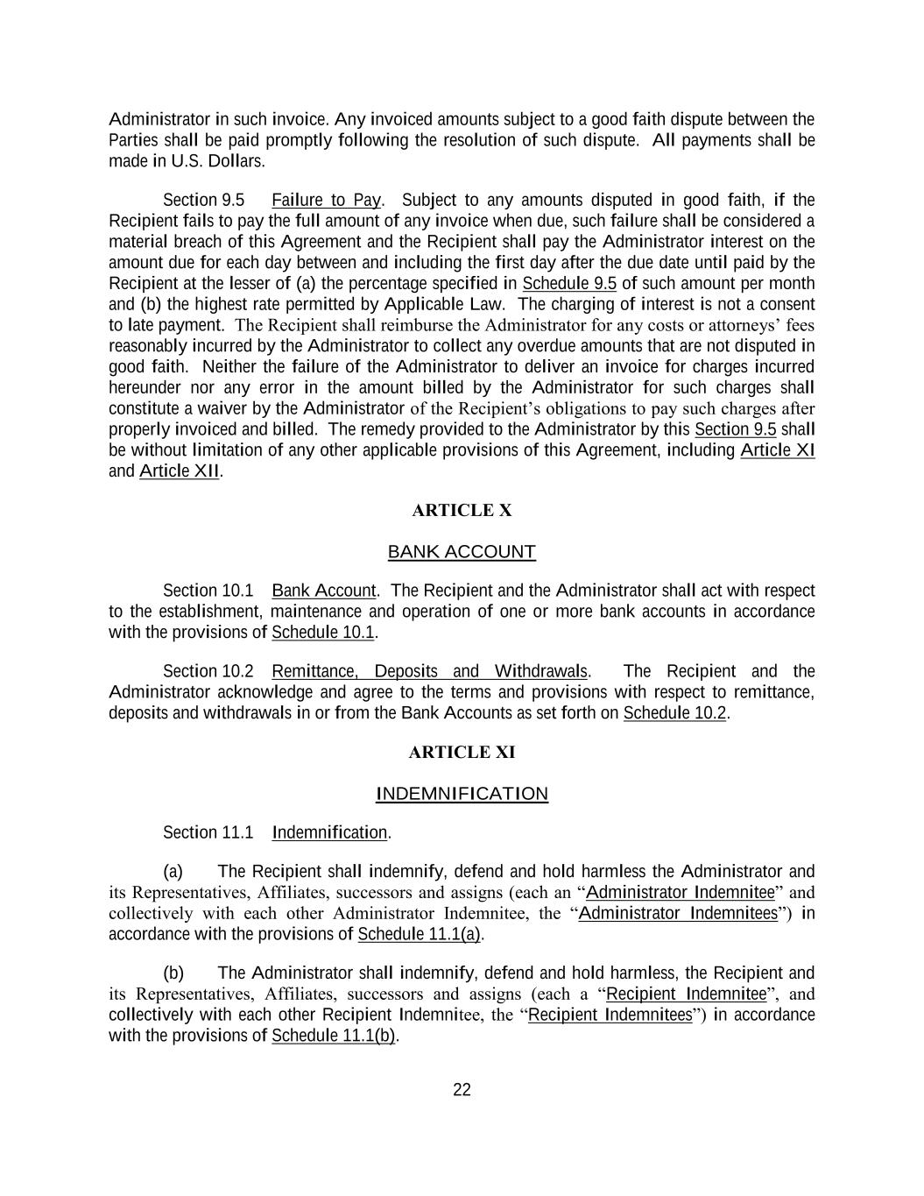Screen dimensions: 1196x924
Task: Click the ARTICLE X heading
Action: [x=462, y=510]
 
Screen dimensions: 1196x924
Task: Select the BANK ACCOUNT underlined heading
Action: [x=462, y=552]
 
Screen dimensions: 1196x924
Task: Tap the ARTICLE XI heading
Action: [x=462, y=752]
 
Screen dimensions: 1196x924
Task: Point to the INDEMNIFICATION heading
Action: [x=462, y=794]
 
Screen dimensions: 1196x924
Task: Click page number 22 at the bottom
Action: [x=462, y=1090]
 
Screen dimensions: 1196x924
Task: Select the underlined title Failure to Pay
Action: [x=326, y=200]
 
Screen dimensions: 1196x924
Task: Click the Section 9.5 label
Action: [x=203, y=200]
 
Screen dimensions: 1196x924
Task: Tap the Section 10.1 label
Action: [x=208, y=591]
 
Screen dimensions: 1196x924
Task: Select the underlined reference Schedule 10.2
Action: [x=674, y=713]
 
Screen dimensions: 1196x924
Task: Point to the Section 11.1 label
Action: [x=208, y=832]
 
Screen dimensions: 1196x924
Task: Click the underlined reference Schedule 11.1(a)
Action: [x=420, y=934]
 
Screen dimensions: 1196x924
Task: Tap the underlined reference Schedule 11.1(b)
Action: [x=334, y=1036]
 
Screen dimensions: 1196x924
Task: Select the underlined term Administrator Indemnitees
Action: [x=678, y=913]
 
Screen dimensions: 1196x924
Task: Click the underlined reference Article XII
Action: [x=179, y=471]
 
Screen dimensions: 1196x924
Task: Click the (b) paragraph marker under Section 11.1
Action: [x=173, y=973]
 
